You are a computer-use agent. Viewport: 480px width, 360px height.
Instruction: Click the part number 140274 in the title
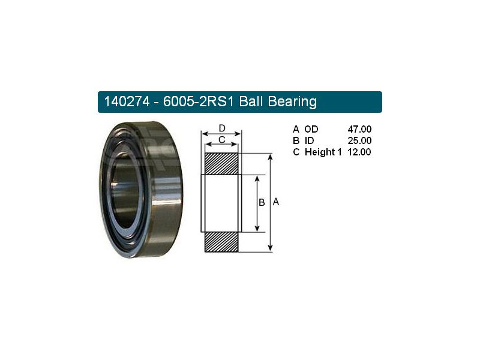tap(127, 101)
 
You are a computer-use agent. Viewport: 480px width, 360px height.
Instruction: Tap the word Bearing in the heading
tap(292, 101)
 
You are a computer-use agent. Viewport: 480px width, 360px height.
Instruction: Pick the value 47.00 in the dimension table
tap(359, 129)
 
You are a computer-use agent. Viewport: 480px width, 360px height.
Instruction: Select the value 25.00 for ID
tap(359, 140)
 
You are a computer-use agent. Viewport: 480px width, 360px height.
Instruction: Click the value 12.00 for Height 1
tap(359, 152)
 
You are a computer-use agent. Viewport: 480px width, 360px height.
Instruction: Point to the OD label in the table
tap(311, 129)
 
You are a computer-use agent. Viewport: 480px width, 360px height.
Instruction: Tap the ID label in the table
tap(309, 140)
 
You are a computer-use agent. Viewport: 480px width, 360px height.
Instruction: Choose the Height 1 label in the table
tap(323, 152)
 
